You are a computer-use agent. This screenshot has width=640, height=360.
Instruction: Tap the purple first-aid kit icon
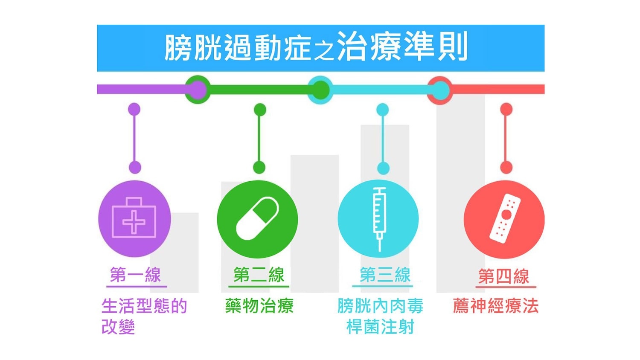coord(134,218)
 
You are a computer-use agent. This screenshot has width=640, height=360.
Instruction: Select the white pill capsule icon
coord(257,219)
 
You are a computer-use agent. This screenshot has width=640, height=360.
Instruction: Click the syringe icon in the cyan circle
coord(379,218)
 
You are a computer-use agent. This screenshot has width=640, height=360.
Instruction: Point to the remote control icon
coord(504,218)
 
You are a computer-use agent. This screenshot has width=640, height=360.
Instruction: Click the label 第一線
coord(135,275)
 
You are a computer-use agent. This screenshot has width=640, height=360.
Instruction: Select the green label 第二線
coord(259,275)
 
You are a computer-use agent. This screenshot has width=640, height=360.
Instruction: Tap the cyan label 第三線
coord(385,275)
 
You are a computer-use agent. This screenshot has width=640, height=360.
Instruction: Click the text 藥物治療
coord(259,306)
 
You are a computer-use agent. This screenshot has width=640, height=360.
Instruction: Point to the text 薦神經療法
coord(495,306)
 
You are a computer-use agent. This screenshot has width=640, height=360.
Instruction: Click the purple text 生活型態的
coord(144,306)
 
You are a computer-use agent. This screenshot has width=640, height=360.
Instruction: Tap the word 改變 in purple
coord(118,327)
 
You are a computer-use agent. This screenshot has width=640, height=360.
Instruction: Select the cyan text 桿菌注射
coord(380,327)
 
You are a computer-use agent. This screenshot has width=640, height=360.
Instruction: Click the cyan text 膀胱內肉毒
coord(380,306)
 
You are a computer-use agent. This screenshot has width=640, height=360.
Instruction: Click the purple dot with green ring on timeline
coord(197,90)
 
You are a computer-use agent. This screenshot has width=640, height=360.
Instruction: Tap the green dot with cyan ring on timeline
coord(320,90)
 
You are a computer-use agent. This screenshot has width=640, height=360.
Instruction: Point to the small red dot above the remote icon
coord(506,109)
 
